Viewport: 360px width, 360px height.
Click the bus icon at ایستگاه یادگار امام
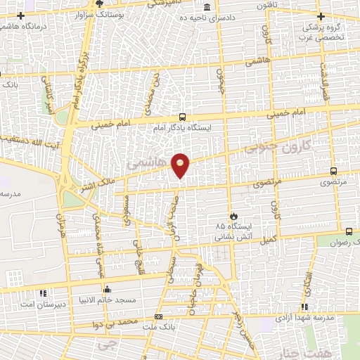point(183,117)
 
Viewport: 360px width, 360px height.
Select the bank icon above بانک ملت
point(157,317)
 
